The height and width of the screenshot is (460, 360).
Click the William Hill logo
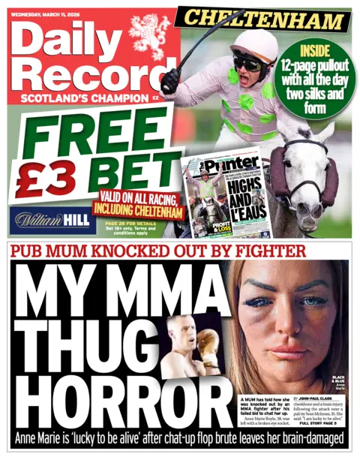tap(53, 219)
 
